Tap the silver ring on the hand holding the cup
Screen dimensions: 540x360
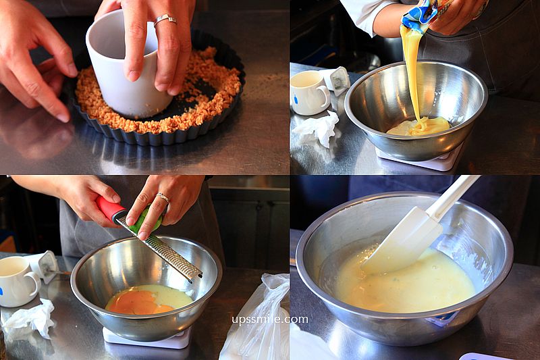click(165, 20)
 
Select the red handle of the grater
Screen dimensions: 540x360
click(110, 209)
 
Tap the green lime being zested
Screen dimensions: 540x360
click(148, 220)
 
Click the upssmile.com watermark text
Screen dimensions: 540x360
click(270, 319)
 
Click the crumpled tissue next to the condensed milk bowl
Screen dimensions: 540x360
click(317, 128)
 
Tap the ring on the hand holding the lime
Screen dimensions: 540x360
click(163, 198)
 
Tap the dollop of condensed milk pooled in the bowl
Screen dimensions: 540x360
click(418, 126)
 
